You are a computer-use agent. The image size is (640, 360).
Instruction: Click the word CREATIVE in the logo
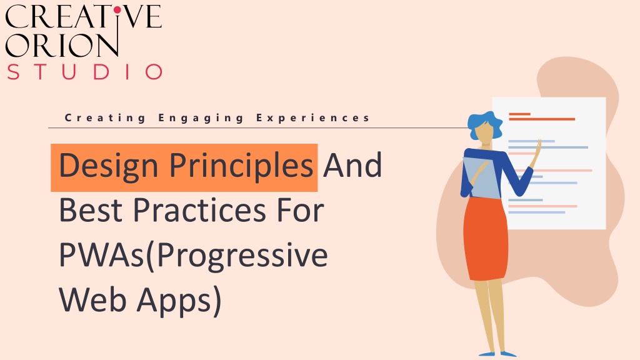click(x=83, y=17)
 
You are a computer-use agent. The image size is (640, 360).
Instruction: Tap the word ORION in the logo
click(x=62, y=44)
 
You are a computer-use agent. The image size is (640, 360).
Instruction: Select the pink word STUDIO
click(x=85, y=71)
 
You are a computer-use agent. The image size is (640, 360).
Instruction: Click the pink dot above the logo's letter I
click(x=117, y=9)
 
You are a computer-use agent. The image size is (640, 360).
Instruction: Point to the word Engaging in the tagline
click(x=201, y=118)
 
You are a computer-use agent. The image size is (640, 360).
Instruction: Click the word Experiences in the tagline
click(x=312, y=118)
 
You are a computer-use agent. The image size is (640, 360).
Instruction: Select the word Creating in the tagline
click(x=105, y=118)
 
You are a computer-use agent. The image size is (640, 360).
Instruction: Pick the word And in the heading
click(x=352, y=165)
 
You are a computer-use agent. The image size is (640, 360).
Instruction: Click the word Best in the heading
click(x=91, y=210)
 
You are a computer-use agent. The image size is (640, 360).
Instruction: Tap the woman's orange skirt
click(x=486, y=239)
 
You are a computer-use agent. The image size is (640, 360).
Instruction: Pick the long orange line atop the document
click(x=542, y=119)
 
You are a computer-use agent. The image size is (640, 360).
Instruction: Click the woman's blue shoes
click(x=498, y=354)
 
